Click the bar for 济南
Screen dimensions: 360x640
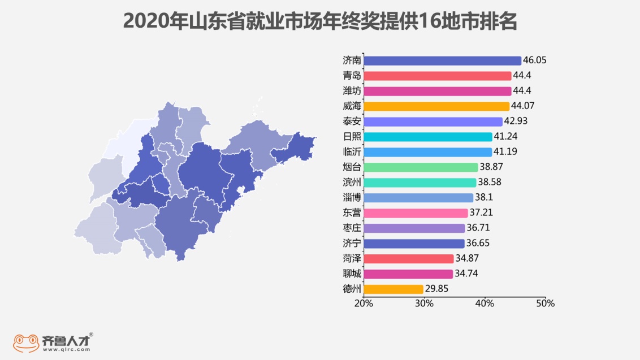coord(442,60)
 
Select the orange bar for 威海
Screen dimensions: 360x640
coord(436,106)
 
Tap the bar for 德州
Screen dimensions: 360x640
coord(393,289)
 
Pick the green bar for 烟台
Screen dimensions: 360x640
coord(421,167)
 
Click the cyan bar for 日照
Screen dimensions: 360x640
coord(428,137)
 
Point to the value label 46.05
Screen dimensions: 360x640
coord(535,60)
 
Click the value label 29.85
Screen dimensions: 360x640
coord(436,289)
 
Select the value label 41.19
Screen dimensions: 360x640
coord(505,152)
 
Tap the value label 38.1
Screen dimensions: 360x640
coord(484,198)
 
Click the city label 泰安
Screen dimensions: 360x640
coord(352,122)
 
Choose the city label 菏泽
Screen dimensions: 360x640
coord(352,258)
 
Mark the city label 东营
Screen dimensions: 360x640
coord(352,213)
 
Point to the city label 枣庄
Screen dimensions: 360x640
coord(352,228)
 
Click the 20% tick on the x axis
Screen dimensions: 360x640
coord(364,303)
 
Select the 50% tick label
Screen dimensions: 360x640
coord(545,303)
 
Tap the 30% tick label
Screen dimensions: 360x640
coord(424,303)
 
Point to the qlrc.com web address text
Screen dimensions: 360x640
coord(66,349)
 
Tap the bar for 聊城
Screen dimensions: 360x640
coord(408,274)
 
